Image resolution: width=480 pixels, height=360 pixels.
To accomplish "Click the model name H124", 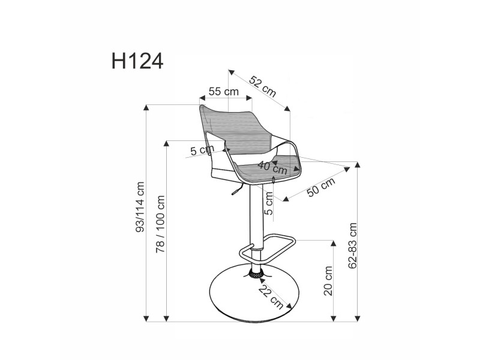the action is click(137, 61).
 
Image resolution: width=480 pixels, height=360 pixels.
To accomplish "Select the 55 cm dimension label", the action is click(223, 91).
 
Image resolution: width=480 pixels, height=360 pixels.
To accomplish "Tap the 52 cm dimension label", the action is click(263, 86).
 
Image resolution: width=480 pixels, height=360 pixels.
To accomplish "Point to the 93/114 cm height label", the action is click(140, 207).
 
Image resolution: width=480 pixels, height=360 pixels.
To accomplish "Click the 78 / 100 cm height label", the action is click(160, 224).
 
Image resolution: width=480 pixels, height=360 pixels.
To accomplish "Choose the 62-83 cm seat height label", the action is click(353, 245).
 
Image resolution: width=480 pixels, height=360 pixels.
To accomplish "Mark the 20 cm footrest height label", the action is click(328, 281).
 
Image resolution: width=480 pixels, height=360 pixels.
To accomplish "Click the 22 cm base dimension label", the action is click(271, 297).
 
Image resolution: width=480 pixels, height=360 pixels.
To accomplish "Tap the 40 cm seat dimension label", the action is click(272, 168).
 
